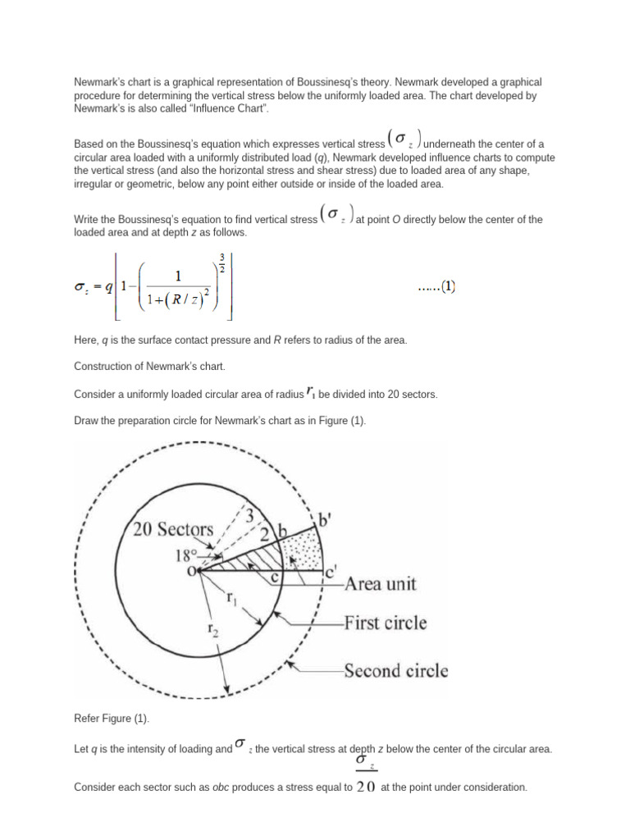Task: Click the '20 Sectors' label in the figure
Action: coord(173,529)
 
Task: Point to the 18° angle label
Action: coord(188,555)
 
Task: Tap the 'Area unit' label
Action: coord(380,584)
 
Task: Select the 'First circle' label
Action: coord(386,623)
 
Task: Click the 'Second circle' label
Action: coord(395,670)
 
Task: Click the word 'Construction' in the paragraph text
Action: coord(100,366)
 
